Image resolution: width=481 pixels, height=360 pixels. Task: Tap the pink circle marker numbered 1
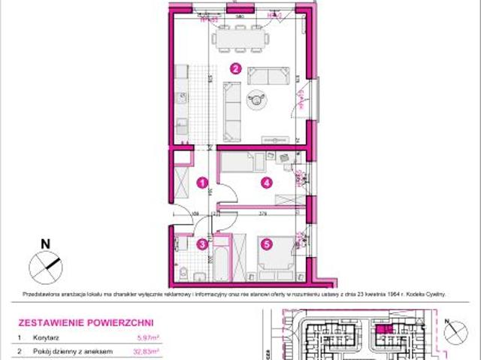coord(201,182)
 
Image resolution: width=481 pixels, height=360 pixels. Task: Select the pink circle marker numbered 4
coord(265,182)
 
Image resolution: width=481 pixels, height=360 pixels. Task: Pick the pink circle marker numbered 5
coord(265,243)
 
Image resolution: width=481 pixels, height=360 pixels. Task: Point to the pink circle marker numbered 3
coord(201,243)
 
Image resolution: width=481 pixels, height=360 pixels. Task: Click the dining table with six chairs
coord(241,36)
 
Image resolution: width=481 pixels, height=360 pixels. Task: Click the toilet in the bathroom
coord(183,270)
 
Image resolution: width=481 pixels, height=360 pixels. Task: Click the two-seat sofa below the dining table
coord(268,75)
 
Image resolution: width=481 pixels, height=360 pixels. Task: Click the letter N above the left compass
coord(45,243)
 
